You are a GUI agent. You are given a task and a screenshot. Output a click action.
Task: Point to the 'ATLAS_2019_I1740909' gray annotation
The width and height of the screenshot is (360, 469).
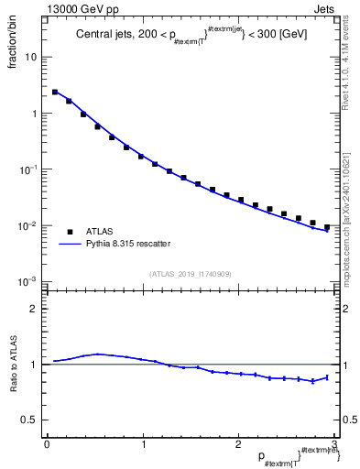click(191, 274)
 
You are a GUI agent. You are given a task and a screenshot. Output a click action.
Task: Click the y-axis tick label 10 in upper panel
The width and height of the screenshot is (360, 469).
click(31, 57)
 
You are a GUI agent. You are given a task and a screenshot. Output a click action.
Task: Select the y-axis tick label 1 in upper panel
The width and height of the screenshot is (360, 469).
click(34, 114)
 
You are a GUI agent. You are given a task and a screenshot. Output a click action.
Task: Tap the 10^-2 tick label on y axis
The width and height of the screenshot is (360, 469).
click(29, 226)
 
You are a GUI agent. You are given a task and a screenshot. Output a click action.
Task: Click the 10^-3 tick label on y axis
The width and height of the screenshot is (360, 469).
click(29, 282)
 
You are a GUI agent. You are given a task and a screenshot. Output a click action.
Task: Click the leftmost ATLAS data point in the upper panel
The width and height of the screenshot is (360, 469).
click(55, 92)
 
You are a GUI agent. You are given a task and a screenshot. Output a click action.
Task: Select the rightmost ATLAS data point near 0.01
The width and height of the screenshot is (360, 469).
click(327, 227)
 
